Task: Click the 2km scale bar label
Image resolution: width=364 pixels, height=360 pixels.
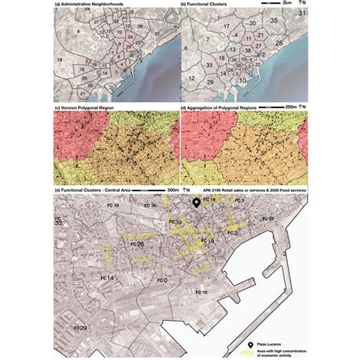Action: click(286, 5)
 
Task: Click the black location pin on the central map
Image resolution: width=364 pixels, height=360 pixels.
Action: click(196, 203)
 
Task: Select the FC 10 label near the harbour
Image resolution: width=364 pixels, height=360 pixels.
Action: click(200, 292)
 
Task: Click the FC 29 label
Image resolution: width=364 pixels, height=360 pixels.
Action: click(78, 328)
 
